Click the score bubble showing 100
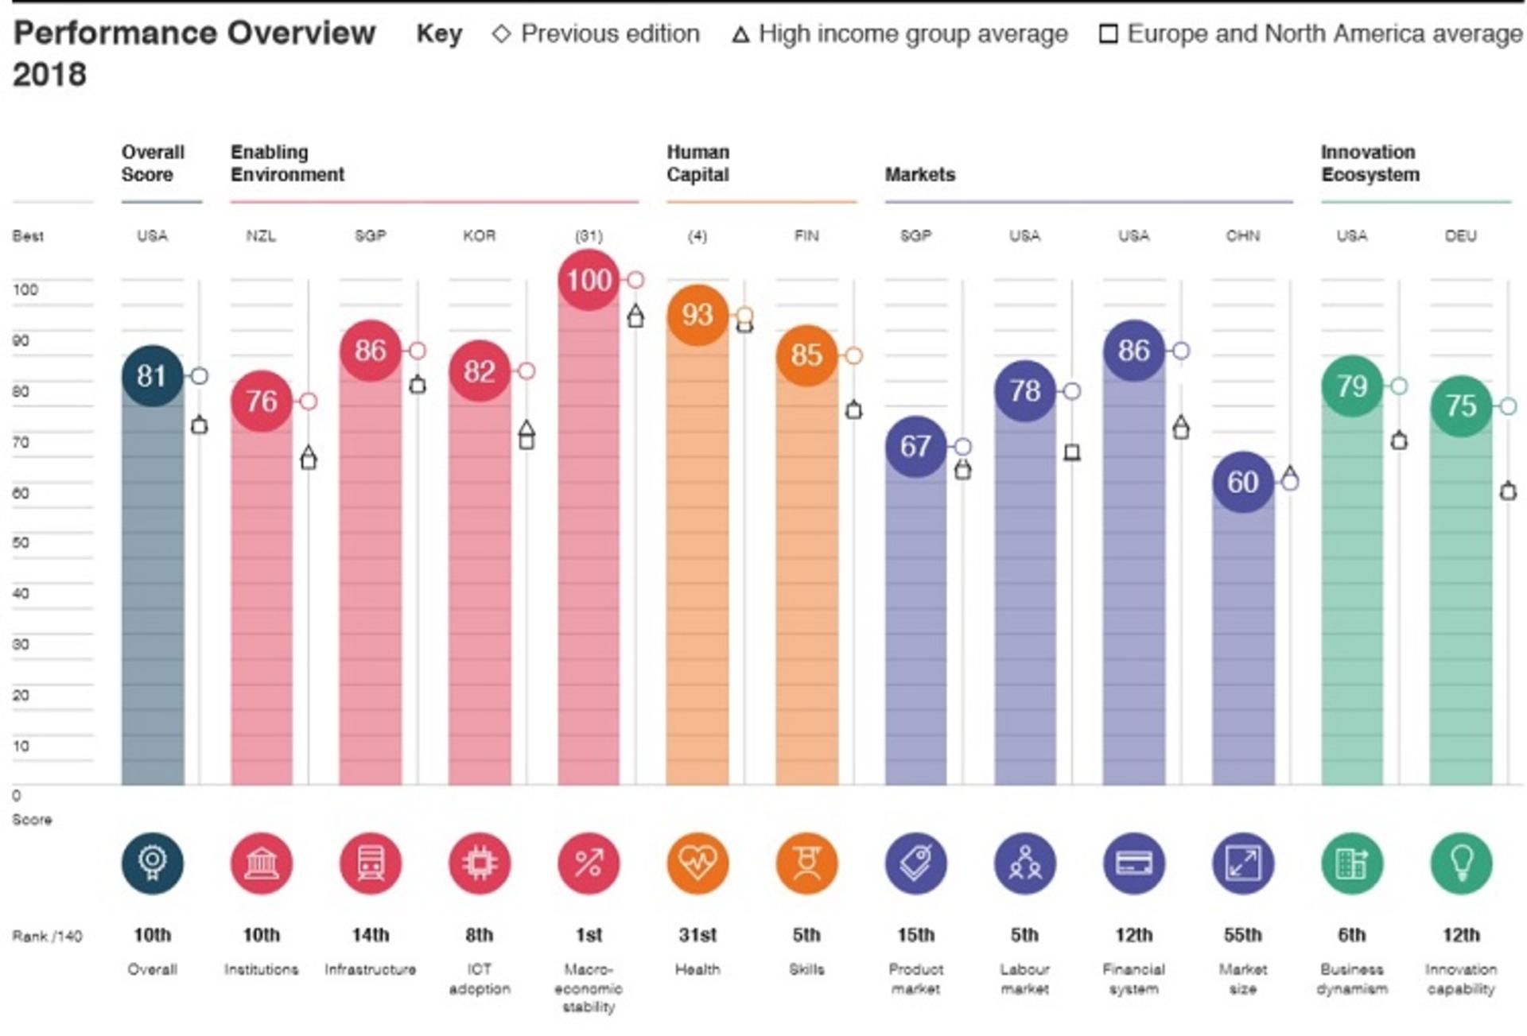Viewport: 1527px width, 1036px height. tap(589, 279)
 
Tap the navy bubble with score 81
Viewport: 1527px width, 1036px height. tap(152, 376)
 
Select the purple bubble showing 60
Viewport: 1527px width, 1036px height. tap(1243, 482)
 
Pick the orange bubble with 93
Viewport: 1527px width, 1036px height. tap(697, 315)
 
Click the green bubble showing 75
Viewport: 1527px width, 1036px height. tap(1461, 405)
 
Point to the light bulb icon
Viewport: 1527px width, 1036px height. tap(1461, 863)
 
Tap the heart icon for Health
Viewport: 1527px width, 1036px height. tap(697, 863)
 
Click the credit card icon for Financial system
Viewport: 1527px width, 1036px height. tap(1134, 863)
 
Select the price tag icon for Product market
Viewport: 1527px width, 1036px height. tap(915, 863)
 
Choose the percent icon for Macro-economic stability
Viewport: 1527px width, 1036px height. tap(589, 863)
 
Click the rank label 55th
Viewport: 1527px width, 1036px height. tap(1243, 935)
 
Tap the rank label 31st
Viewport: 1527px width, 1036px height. tap(697, 935)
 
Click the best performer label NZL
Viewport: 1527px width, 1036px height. tap(261, 236)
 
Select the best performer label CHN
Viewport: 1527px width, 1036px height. tap(1243, 236)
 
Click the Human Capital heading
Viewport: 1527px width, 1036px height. tap(697, 163)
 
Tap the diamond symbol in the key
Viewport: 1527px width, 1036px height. tap(501, 34)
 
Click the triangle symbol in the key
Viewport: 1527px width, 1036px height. tap(740, 35)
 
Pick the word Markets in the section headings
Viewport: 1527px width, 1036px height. tap(920, 174)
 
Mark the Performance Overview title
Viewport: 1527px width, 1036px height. tap(194, 33)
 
